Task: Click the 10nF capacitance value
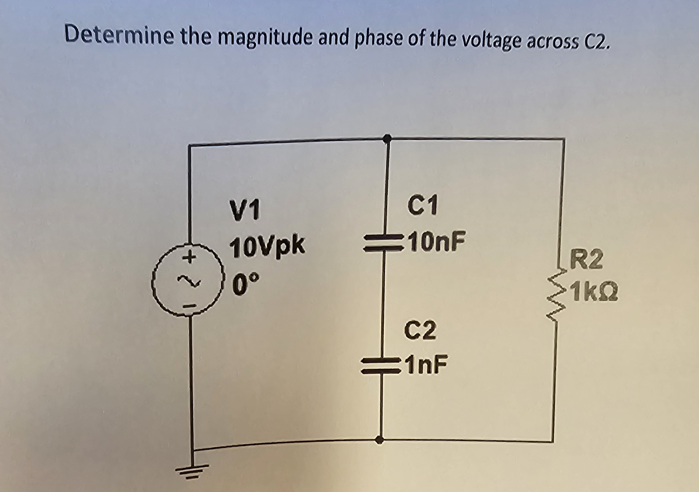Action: click(437, 241)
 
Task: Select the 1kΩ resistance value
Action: click(595, 293)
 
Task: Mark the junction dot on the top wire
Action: click(387, 139)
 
